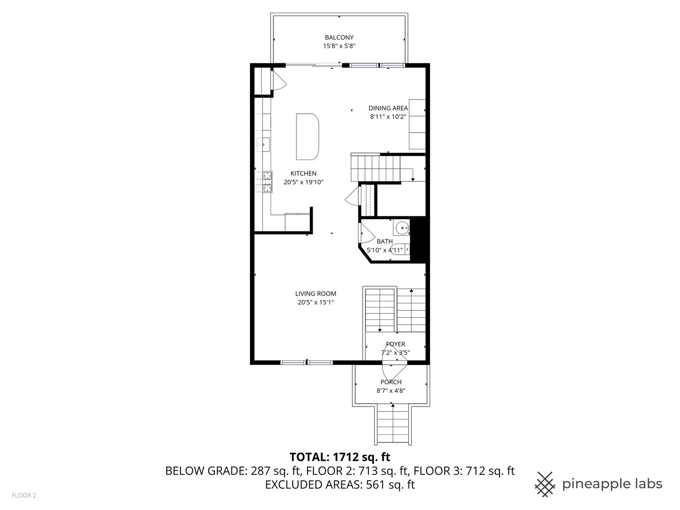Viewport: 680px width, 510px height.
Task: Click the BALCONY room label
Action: [339, 37]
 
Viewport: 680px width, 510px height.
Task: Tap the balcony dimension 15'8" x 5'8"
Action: [339, 46]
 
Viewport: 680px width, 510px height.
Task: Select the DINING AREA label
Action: [388, 108]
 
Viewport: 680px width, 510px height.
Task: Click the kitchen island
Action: [307, 136]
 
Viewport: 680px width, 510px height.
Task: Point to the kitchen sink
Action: [263, 144]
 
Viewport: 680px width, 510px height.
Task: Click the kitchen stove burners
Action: [263, 182]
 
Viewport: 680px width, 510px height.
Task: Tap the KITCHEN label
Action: [303, 173]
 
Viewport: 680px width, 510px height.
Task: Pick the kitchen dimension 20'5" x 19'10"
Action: [303, 182]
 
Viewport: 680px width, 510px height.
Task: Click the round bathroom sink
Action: [402, 229]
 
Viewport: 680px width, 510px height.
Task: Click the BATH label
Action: [384, 241]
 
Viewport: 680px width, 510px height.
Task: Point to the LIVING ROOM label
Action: [315, 294]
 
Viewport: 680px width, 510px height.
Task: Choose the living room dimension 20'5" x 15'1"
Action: [315, 302]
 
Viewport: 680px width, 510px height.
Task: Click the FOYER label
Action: [395, 344]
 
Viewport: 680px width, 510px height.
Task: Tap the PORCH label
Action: [391, 382]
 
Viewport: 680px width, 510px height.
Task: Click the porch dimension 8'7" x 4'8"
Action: [391, 391]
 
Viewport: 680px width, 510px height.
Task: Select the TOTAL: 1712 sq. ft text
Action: [340, 457]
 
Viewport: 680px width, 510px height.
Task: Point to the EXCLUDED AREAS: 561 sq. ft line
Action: [340, 484]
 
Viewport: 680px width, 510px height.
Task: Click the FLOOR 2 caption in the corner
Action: [24, 495]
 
